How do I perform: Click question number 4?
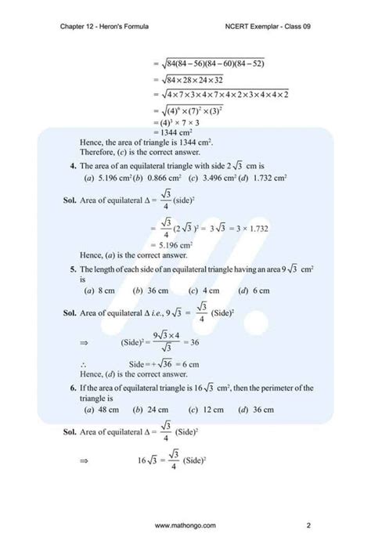tap(72, 166)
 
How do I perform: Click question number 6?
tap(72, 388)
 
